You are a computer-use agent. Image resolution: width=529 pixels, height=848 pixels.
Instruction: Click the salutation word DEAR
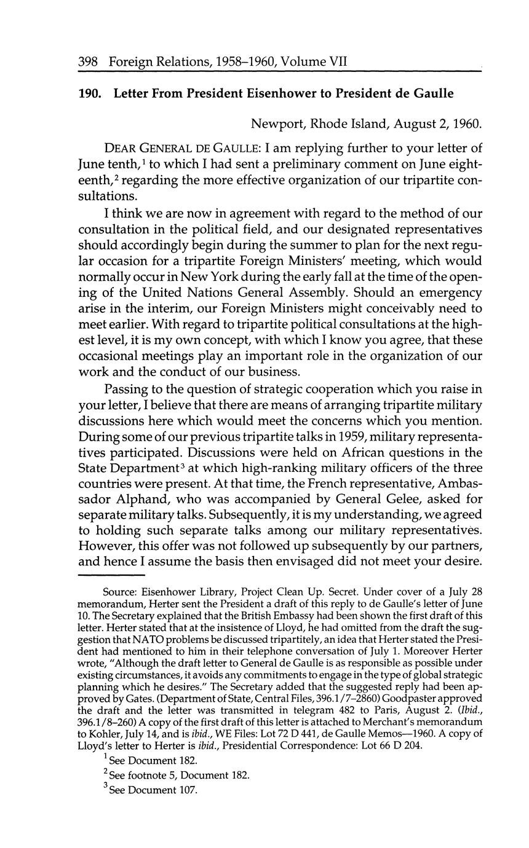point(121,148)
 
